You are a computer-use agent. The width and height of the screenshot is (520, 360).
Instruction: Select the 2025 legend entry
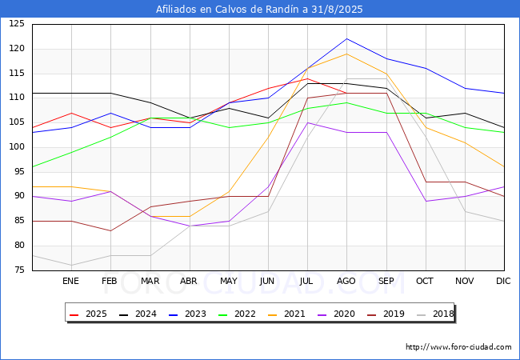point(89,314)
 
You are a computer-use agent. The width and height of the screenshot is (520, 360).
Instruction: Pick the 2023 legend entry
point(188,314)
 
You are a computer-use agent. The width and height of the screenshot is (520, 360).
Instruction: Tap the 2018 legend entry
point(435,314)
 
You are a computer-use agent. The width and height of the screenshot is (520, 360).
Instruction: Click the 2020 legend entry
point(336,314)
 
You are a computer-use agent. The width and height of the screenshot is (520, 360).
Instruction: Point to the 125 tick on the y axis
point(17,24)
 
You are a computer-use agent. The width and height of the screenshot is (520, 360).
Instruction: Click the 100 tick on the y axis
point(17,147)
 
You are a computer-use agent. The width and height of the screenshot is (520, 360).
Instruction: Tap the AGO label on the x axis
point(346,281)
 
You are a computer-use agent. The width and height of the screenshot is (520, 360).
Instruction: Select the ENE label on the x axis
point(70,281)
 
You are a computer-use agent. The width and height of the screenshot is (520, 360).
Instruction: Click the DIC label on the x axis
point(503,281)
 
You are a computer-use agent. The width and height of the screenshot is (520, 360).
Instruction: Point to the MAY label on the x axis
point(229,281)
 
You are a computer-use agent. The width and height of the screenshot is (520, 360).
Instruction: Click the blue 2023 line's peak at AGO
point(347,38)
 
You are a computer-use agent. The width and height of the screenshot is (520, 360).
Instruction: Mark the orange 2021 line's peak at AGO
point(347,54)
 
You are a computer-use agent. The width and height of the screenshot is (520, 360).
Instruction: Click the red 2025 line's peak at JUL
point(308,78)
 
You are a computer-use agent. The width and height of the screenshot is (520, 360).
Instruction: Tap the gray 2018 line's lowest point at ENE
point(72,265)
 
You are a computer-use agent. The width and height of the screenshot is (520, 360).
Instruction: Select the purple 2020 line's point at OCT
point(426,202)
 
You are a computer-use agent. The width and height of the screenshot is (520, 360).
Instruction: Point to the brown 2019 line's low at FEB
point(110,230)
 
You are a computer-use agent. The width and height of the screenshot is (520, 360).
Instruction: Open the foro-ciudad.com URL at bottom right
point(458,347)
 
